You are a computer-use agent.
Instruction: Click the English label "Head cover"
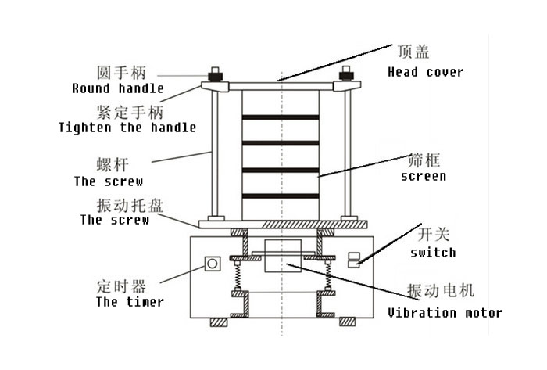(x=425, y=72)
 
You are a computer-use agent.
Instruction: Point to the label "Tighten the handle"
(x=127, y=127)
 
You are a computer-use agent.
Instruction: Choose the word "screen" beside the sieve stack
(x=423, y=176)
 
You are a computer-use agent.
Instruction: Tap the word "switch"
(x=432, y=253)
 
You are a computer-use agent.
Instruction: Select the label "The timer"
(x=130, y=301)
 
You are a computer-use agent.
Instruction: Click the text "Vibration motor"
(x=445, y=313)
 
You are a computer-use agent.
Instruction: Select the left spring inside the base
(x=235, y=276)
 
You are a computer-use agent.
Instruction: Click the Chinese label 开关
(x=427, y=234)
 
